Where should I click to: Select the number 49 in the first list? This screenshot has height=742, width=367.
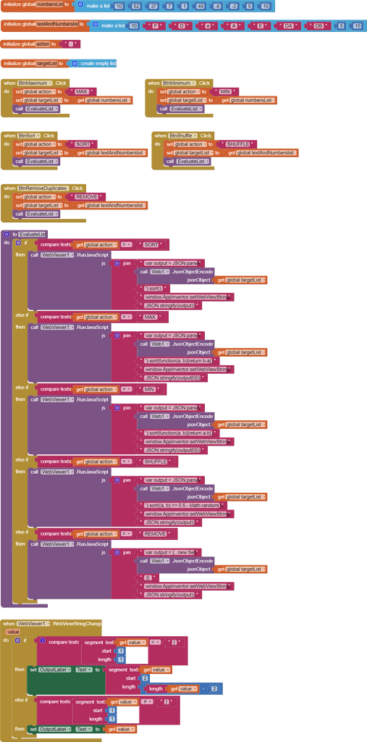(201, 7)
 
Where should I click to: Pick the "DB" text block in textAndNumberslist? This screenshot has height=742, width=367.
(319, 25)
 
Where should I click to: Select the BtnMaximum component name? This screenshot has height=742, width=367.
(36, 83)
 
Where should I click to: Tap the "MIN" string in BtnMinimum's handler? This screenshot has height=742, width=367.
(227, 91)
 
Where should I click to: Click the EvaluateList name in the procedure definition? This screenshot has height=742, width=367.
(32, 234)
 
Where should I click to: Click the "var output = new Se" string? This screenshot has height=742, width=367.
(171, 552)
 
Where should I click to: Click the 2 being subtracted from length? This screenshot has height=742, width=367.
(214, 688)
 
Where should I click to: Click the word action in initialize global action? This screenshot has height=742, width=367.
(43, 44)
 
